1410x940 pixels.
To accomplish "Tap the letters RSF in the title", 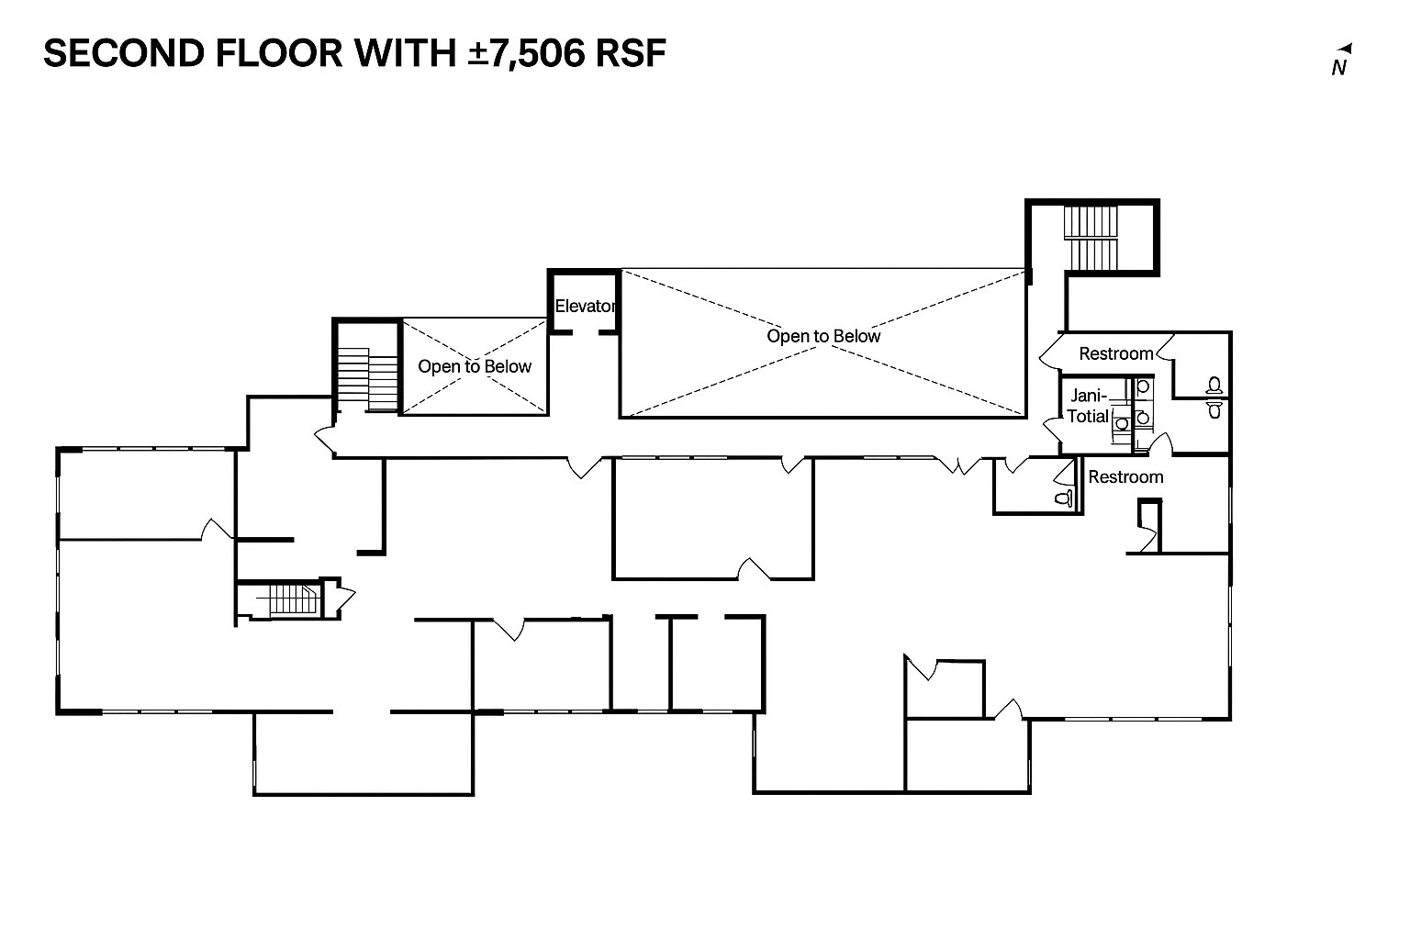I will point(630,53).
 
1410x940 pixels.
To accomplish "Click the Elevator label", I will point(585,306).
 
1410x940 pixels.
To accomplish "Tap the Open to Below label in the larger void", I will point(823,336).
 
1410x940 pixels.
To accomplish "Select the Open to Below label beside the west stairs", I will point(475,366).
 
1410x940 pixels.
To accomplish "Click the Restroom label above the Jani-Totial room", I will point(1115,353).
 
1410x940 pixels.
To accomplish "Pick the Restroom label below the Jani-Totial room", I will point(1125,476).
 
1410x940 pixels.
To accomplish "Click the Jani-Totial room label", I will point(1088,406).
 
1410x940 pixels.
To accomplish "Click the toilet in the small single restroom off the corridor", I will point(1064,498).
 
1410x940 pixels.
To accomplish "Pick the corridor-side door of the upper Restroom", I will point(1050,350).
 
